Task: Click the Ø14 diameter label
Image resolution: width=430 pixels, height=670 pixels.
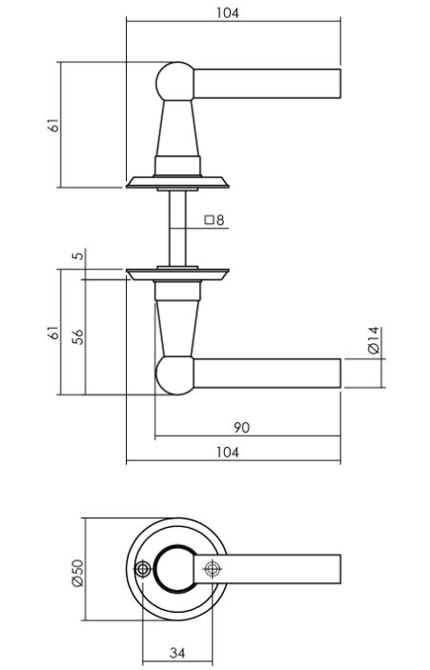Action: click(x=374, y=340)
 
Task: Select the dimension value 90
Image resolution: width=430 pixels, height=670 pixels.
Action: click(x=241, y=428)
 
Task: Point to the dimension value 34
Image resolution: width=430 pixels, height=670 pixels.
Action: click(x=177, y=653)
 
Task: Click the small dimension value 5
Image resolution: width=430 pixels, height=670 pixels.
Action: click(x=78, y=255)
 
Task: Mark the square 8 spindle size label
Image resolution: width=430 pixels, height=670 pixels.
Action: click(x=213, y=221)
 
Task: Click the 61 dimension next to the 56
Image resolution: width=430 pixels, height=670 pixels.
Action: click(x=54, y=333)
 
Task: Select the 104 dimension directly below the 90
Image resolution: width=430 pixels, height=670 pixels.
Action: click(x=228, y=453)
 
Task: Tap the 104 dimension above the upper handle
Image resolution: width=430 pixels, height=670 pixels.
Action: click(x=228, y=13)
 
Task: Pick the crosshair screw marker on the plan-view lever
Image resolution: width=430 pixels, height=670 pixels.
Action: click(x=211, y=570)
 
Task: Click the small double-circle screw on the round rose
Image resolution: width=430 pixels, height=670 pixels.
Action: click(x=143, y=570)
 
